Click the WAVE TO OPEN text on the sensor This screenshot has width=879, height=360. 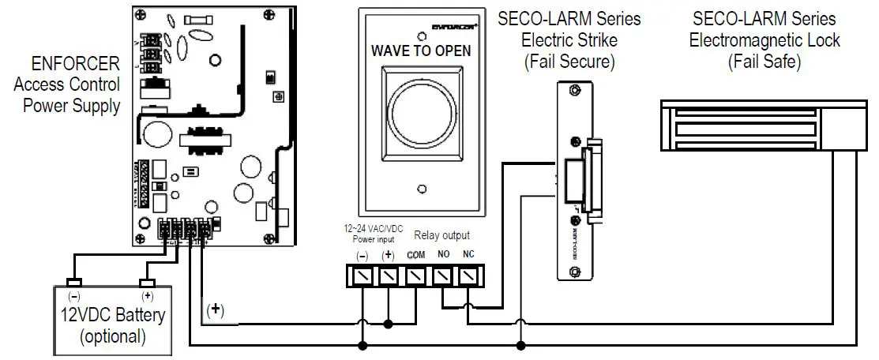pos(421,51)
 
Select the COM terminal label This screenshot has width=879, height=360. pos(416,257)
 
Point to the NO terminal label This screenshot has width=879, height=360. pos(444,257)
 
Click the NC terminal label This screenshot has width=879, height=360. pos(469,257)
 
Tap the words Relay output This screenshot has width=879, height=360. pos(442,235)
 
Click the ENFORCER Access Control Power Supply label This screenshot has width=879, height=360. pos(66,84)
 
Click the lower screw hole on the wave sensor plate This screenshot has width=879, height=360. pos(422,189)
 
